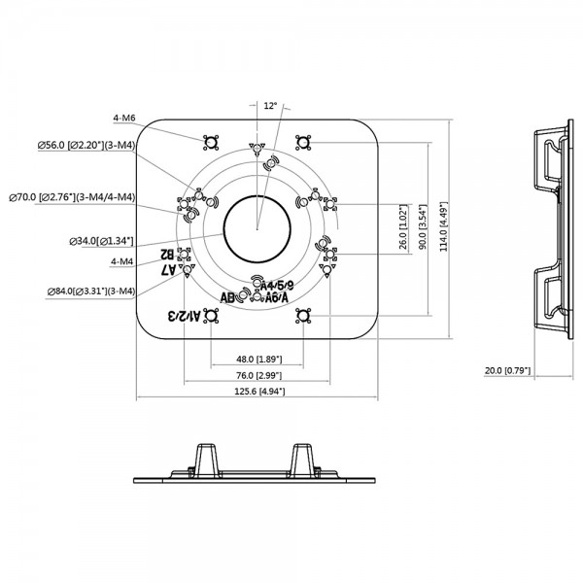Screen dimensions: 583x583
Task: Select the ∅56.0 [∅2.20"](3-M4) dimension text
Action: [x=86, y=145]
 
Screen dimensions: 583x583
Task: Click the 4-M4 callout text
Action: [x=123, y=260]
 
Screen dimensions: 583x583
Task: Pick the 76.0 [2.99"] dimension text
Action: [x=257, y=375]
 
